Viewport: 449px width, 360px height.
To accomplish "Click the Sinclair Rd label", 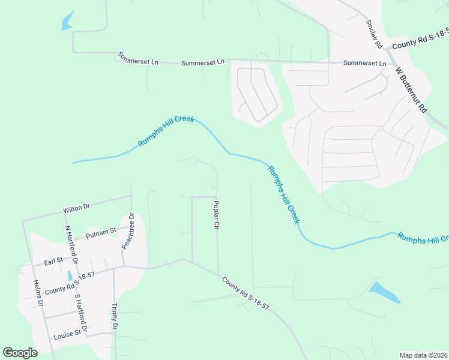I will [374, 34].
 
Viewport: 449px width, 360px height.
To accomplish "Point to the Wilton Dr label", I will [76, 208].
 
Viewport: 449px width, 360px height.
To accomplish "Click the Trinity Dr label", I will [114, 317].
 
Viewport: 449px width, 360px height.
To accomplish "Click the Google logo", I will [20, 352].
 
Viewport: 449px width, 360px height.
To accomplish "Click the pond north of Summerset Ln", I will [67, 22].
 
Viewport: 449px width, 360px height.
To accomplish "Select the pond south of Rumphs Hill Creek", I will [384, 292].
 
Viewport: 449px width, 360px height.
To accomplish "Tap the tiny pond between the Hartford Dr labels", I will [70, 275].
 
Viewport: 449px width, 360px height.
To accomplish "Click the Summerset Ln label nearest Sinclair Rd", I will [364, 63].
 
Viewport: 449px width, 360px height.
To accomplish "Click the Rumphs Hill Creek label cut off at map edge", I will [423, 238].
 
